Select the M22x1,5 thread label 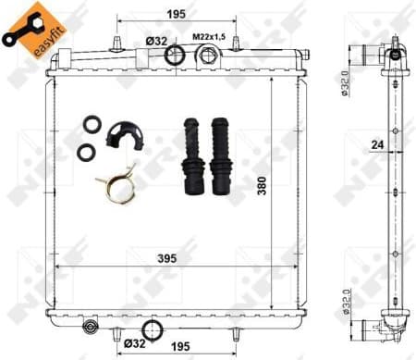click(x=209, y=36)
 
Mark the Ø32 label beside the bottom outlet click(x=132, y=343)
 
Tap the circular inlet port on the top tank click(x=174, y=55)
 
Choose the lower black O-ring click(x=85, y=151)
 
